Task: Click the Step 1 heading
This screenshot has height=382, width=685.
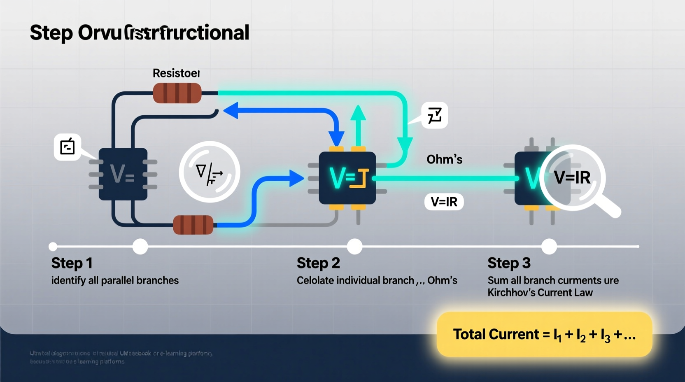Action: click(72, 263)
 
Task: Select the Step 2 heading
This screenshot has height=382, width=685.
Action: click(318, 263)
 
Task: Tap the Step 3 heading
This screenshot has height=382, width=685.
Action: click(509, 263)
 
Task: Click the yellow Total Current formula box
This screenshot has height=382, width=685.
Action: click(544, 334)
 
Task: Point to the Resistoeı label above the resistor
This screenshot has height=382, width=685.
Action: click(176, 73)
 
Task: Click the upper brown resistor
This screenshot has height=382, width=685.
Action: click(177, 93)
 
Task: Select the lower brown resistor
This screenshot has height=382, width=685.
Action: click(193, 225)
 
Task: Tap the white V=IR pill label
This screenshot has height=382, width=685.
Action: click(444, 202)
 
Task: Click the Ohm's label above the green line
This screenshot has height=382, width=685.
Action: click(444, 159)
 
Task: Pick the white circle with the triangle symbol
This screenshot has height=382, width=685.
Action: click(210, 172)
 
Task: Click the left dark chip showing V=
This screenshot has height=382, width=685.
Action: click(123, 174)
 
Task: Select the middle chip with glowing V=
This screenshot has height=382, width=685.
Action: click(347, 178)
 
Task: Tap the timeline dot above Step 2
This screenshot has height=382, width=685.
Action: click(354, 247)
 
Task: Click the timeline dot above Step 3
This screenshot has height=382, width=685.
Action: click(549, 247)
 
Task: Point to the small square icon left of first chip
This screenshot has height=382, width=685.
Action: click(67, 147)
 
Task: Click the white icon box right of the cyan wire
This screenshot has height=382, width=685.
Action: click(434, 115)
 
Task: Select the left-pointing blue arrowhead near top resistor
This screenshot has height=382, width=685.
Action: click(231, 111)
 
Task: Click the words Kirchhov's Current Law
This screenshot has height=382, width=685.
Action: click(540, 293)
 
